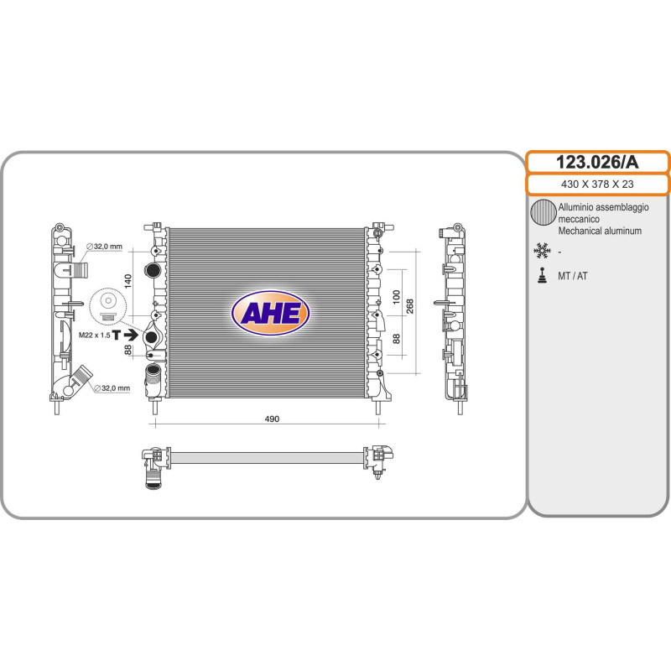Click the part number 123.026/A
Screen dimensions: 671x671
[x=597, y=162]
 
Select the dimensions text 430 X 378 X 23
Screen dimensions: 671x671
[x=597, y=185]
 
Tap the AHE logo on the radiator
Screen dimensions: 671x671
[x=270, y=313]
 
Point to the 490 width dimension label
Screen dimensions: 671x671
[x=272, y=419]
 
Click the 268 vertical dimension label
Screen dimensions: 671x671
[x=409, y=306]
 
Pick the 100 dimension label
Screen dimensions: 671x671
[x=396, y=297]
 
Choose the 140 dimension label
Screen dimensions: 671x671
[x=127, y=281]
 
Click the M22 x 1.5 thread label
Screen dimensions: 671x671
[x=94, y=335]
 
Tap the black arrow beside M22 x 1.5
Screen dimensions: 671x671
[x=130, y=334]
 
